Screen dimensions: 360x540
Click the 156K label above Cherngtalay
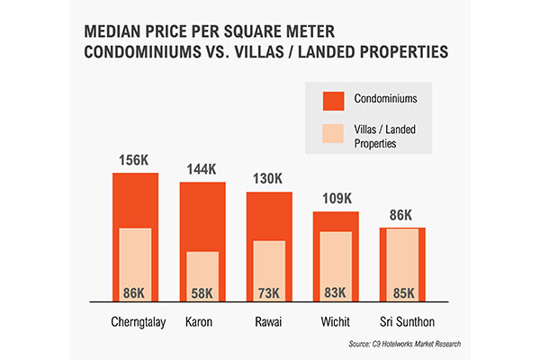click(135, 160)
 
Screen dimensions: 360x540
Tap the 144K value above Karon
click(202, 169)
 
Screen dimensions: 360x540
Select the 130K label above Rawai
click(268, 179)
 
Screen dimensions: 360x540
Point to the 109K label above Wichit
click(336, 199)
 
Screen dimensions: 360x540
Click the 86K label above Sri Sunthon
click(401, 216)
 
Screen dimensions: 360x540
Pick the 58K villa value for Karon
click(202, 292)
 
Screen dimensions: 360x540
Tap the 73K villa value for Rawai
click(268, 292)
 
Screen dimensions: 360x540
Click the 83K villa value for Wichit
click(336, 292)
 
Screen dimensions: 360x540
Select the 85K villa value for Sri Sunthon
click(402, 292)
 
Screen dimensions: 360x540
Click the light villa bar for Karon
click(202, 270)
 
